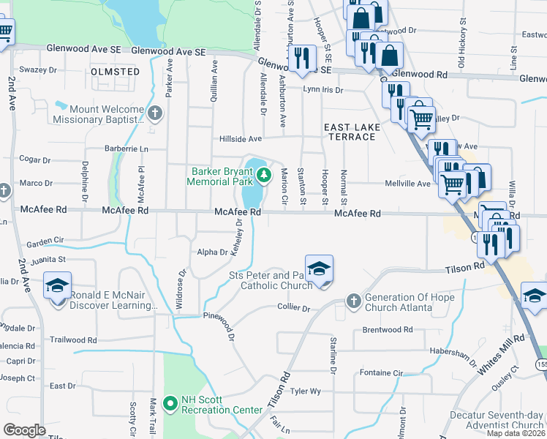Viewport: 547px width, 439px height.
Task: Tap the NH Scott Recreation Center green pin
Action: pos(170,403)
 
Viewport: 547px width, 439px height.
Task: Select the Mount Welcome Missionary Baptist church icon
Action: pos(154,113)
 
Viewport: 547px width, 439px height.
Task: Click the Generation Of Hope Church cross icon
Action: pos(353,300)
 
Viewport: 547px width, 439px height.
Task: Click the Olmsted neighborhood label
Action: pos(116,72)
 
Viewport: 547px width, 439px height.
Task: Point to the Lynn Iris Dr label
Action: pos(322,90)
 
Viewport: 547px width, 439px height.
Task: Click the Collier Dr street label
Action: pos(293,309)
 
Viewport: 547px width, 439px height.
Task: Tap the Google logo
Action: pos(24,430)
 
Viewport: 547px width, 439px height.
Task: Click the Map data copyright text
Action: pos(516,433)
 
